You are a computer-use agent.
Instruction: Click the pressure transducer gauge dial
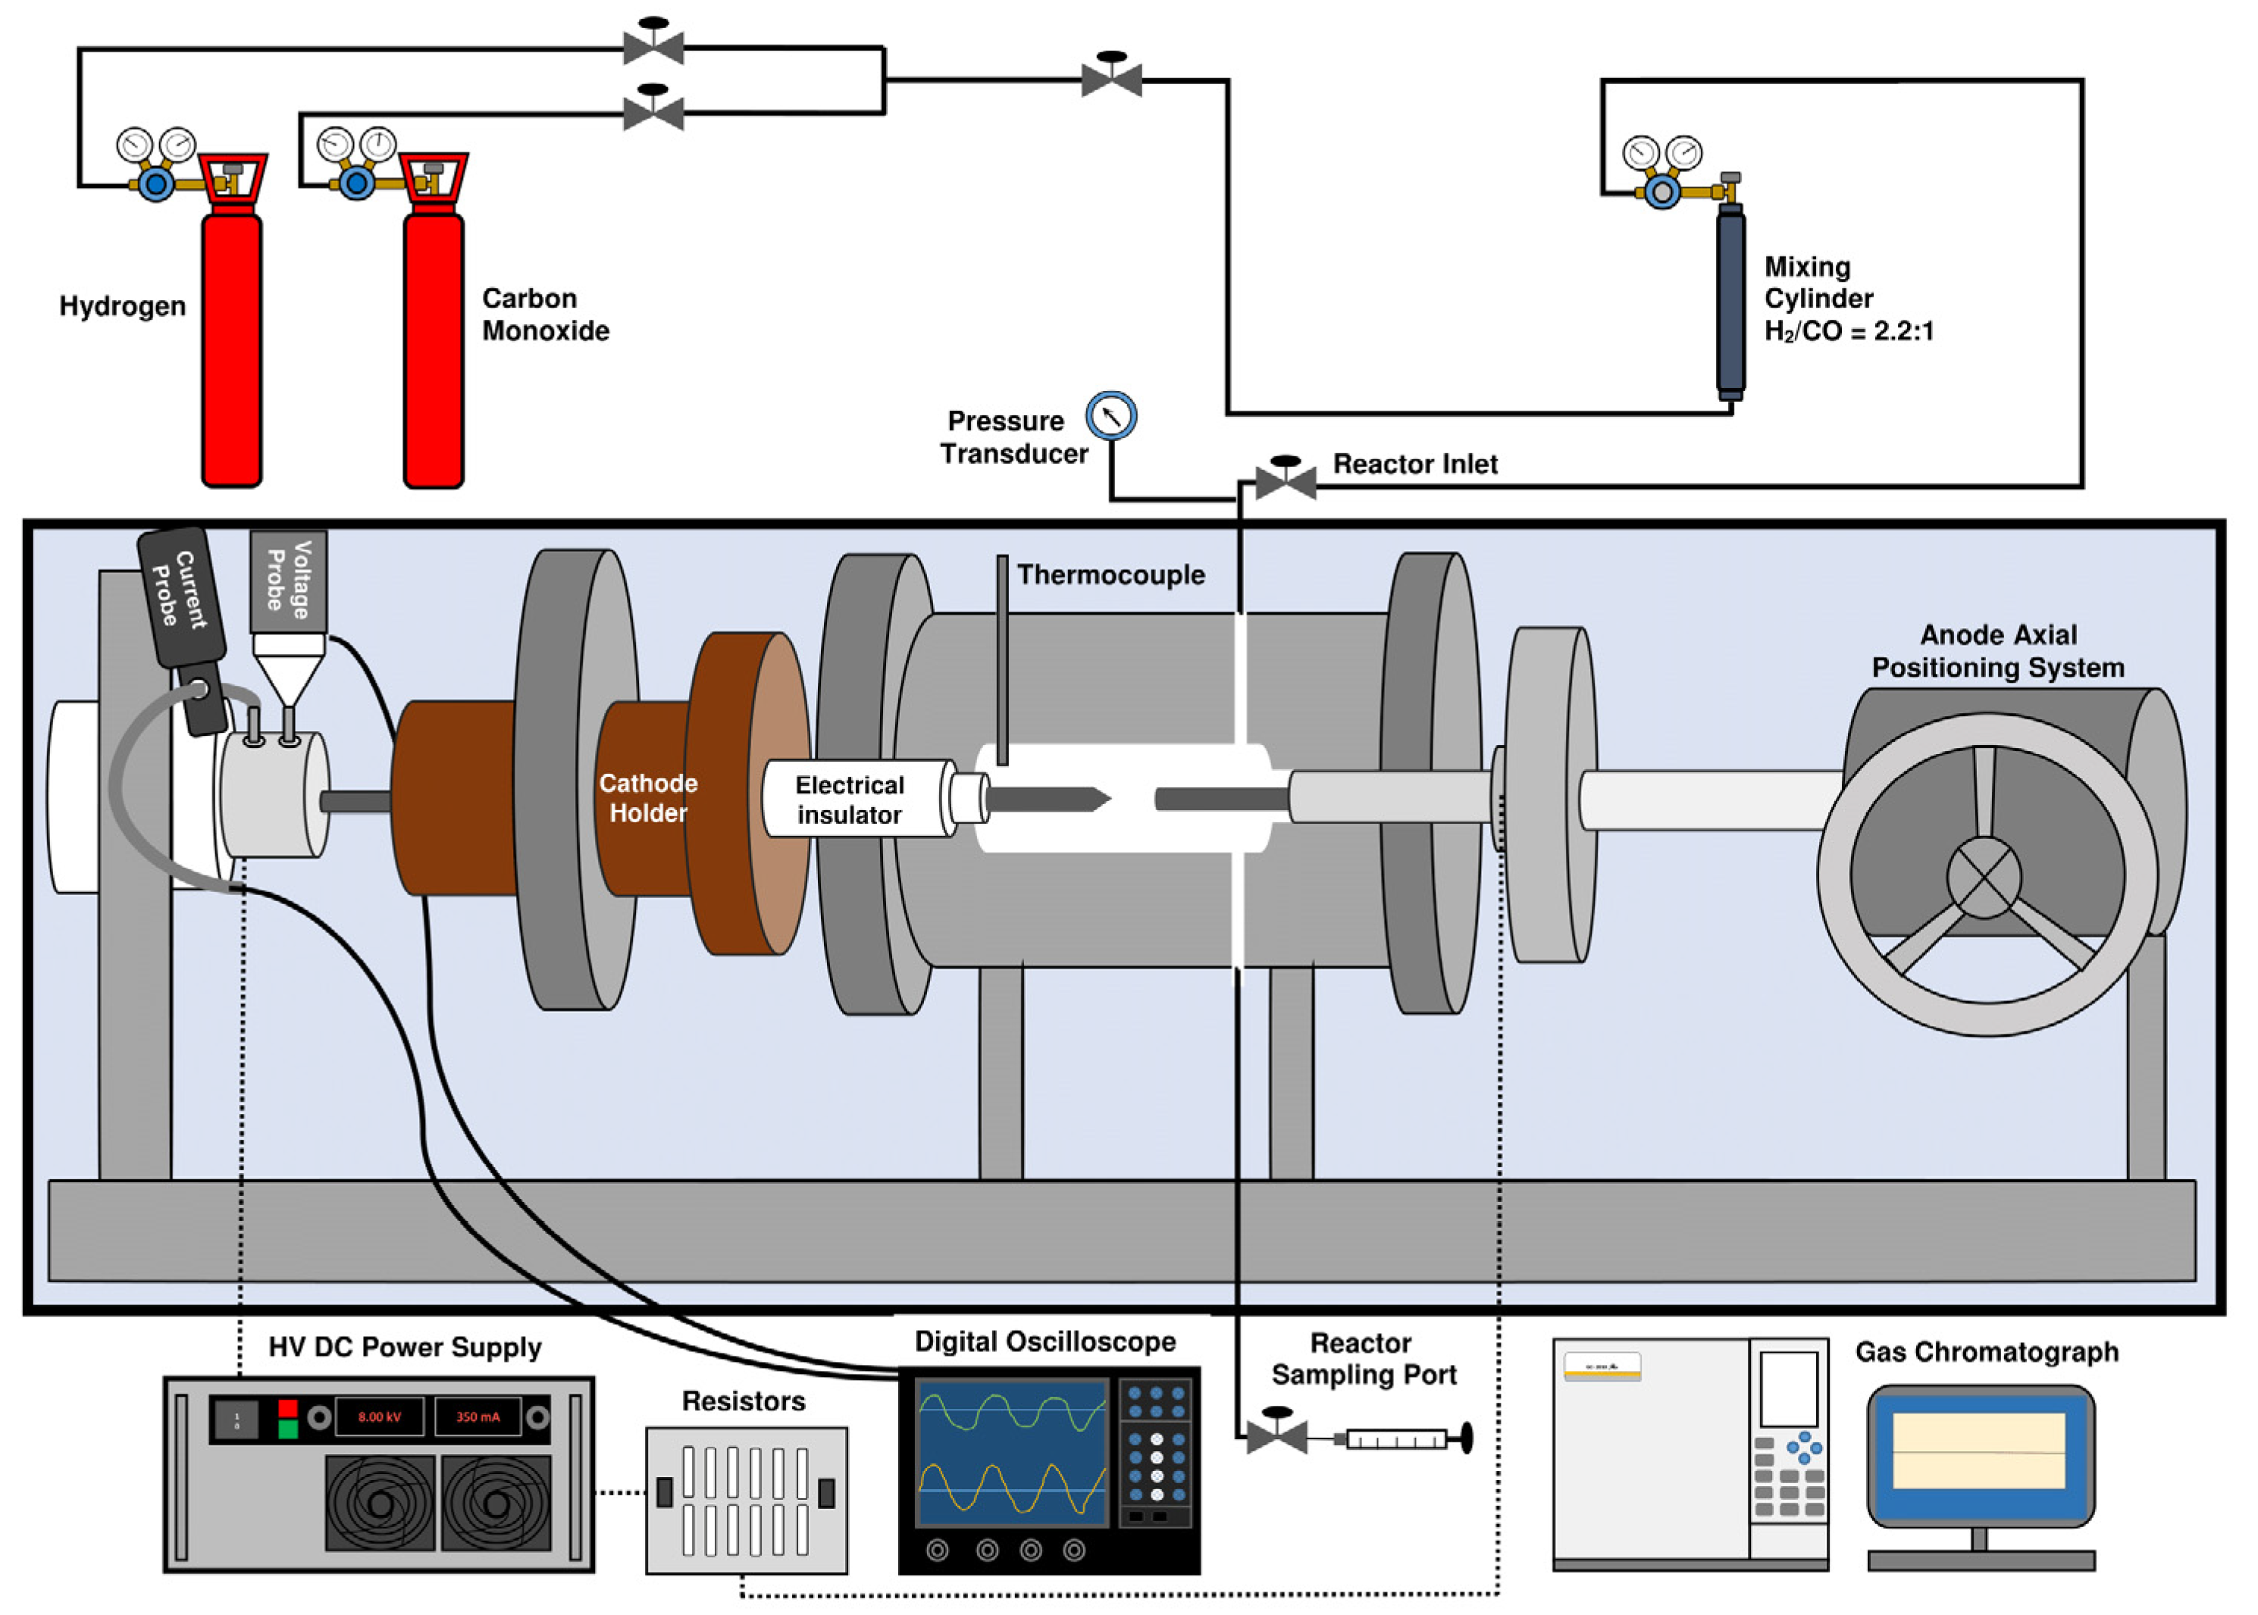[1111, 415]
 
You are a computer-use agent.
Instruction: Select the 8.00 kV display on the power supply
[379, 1417]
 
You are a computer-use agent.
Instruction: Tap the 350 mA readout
[478, 1417]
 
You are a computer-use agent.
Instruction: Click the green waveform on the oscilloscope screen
[1012, 1411]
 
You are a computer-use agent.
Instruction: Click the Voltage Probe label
[290, 580]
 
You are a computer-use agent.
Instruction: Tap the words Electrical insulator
[850, 800]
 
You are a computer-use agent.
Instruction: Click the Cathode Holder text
[649, 797]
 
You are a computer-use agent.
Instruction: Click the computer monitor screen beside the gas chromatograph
[1980, 1453]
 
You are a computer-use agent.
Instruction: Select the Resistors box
[746, 1501]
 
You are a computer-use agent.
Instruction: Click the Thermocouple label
[1111, 574]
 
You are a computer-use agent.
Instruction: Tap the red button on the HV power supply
[287, 1407]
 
